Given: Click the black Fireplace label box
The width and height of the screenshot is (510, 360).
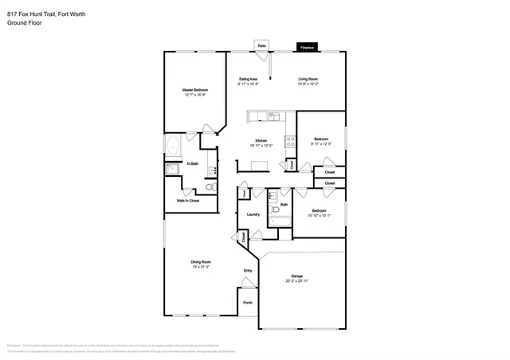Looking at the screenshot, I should pos(306,48).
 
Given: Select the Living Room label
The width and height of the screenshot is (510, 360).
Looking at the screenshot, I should pos(308,79).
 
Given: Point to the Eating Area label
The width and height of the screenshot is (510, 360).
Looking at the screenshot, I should pos(248,79).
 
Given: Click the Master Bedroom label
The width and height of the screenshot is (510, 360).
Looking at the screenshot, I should pos(194,90).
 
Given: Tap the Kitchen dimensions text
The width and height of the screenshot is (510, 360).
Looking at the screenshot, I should pos(261,146).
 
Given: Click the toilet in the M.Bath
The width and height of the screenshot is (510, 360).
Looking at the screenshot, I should pos(210,187).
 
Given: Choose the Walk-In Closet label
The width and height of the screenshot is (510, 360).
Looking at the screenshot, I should pos(188,201).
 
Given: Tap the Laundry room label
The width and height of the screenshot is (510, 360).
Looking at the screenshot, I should pos(253,214).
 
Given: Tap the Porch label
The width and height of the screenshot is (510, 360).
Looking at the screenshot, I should pos(247,302).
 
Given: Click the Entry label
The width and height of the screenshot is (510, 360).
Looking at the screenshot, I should pos(247,271).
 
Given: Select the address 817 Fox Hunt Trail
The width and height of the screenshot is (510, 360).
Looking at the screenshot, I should pos(32,14).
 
